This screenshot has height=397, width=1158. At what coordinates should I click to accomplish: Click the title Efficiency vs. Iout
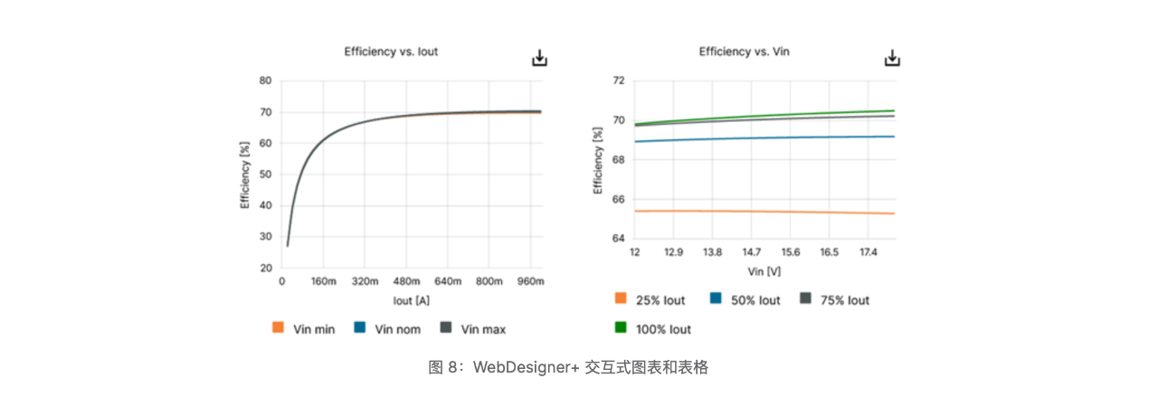[x=391, y=52]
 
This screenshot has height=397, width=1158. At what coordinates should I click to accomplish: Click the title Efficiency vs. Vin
[x=744, y=52]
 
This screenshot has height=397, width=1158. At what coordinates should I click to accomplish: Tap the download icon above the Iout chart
[x=539, y=59]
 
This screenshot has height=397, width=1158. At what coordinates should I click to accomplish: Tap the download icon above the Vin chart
[x=892, y=59]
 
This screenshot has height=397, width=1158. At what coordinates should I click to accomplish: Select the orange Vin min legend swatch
[x=279, y=328]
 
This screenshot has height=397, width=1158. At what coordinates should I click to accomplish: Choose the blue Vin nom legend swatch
[x=360, y=328]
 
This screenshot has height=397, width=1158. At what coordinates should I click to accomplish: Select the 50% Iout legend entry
[x=745, y=299]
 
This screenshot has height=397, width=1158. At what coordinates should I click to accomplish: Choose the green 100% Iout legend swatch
[x=621, y=328]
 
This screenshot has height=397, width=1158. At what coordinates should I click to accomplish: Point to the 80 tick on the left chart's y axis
[x=265, y=80]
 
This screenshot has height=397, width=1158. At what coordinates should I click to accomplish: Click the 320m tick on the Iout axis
[x=365, y=281]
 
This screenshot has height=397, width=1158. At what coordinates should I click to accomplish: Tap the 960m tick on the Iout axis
[x=530, y=281]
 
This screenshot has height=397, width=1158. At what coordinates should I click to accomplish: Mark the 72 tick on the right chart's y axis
[x=619, y=80]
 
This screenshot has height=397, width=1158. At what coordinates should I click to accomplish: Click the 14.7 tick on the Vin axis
[x=752, y=252]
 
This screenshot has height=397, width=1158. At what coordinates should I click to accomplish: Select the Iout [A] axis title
[x=412, y=299]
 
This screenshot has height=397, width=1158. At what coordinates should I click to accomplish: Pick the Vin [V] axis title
[x=764, y=270]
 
